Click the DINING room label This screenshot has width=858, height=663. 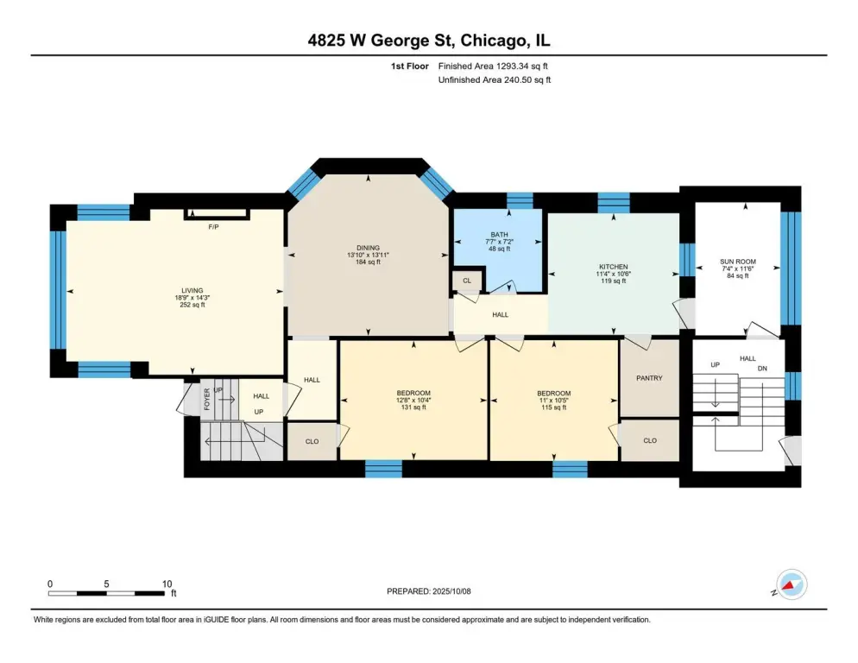pos(368,248)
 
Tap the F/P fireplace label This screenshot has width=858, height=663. pos(213,227)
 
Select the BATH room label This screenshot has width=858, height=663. pos(499,235)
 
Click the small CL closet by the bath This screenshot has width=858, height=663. pos(467,281)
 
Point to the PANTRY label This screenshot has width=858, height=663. pos(649,378)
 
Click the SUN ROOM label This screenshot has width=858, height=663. pos(738,262)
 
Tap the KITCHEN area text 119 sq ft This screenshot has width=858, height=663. pos(614,281)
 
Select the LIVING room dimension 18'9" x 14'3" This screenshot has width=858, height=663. pos(192,298)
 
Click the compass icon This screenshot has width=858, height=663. pos(792,584)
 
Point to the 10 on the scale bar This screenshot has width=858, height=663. pos(167,584)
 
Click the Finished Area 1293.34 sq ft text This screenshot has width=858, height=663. pos(493,66)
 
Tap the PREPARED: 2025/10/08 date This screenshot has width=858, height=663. pos(428,591)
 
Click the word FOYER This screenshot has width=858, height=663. pos(207,399)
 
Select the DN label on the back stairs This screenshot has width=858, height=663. pos(762,369)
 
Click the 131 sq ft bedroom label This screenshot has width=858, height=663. pos(413,407)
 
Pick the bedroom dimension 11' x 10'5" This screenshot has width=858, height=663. pos(554,401)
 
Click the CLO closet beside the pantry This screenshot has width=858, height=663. pos(650,441)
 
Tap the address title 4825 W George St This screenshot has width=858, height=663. pos(381,41)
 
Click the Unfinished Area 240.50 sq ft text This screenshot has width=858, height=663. pos(495,80)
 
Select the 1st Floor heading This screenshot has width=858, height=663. pos(410,66)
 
